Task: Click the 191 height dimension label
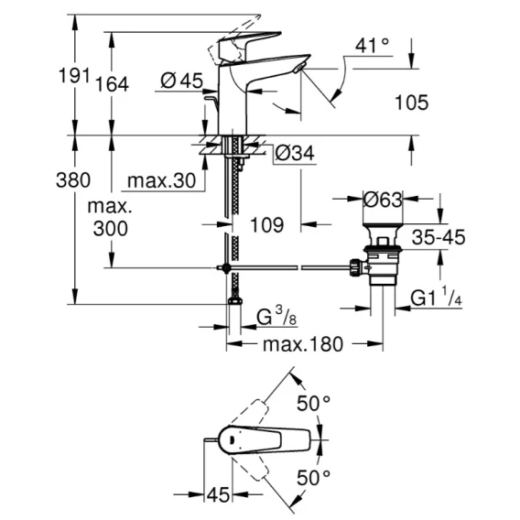[x=74, y=76]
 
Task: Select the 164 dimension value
[x=112, y=84]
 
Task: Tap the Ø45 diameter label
[x=182, y=81]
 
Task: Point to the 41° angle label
[x=372, y=46]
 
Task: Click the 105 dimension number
[x=412, y=103]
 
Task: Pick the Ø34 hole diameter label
[x=295, y=153]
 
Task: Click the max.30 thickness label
[x=161, y=181]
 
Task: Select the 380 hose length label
[x=73, y=180]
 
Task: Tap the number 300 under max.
[x=111, y=229]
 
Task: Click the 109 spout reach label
[x=267, y=225]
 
